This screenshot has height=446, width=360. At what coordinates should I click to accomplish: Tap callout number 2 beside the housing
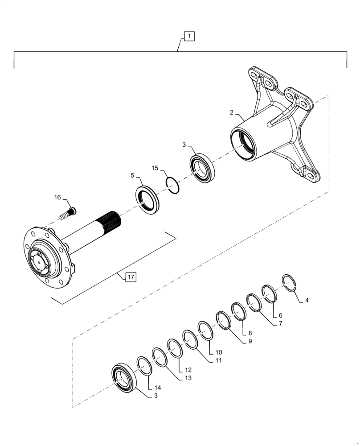point(232,113)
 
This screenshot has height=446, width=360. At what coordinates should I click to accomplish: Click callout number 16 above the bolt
point(58,197)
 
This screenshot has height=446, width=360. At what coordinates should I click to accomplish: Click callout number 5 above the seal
point(132,176)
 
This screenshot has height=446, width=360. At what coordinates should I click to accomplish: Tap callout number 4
point(307,301)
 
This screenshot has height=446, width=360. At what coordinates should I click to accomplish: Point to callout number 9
point(250,341)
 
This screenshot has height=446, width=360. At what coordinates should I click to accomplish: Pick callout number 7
point(281,324)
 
